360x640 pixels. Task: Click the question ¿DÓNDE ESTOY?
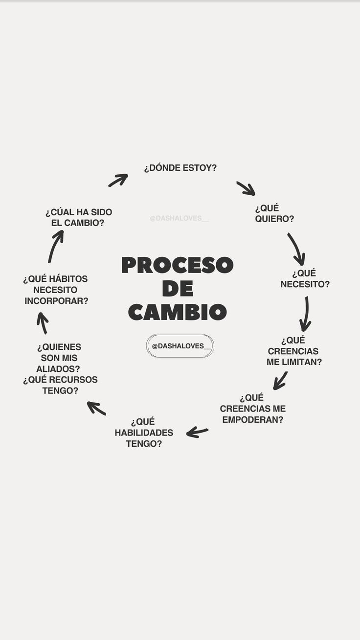(180, 168)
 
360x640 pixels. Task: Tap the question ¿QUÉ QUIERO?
(274, 213)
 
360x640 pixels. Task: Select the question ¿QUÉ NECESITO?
(305, 278)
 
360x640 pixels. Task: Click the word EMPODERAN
(252, 419)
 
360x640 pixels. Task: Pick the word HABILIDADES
(144, 433)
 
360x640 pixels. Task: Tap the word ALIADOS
(58, 368)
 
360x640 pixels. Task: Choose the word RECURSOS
(73, 380)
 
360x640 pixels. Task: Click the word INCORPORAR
(56, 301)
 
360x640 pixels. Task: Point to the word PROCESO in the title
(177, 265)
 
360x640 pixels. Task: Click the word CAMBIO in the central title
(177, 312)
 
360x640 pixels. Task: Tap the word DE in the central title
(177, 289)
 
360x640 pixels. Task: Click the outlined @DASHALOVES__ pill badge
(180, 346)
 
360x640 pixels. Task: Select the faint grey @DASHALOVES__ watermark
(179, 218)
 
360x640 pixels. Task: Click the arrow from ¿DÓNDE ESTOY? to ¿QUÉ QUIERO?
(246, 188)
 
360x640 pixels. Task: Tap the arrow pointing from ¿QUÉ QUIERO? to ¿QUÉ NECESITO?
(296, 249)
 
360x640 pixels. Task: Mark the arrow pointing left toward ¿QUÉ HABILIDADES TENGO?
(197, 432)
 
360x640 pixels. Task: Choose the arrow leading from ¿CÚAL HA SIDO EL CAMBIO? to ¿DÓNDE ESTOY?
(118, 180)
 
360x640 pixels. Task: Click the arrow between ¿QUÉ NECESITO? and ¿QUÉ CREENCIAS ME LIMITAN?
(306, 314)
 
